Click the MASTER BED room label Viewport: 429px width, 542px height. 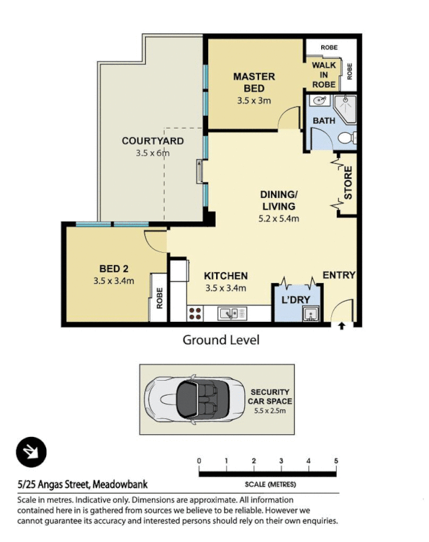click(253, 83)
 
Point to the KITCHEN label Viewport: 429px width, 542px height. click(226, 276)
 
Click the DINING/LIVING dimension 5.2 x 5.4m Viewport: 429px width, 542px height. click(279, 219)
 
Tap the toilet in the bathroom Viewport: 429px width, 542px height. click(346, 138)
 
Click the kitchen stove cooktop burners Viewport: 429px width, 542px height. click(195, 313)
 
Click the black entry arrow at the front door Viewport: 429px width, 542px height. click(341, 327)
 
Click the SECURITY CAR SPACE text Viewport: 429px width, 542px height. click(270, 396)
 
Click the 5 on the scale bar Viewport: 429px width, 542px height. click(336, 461)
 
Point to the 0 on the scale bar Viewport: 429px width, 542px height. click(199, 461)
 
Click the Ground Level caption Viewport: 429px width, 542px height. click(221, 340)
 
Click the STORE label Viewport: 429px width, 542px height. click(348, 183)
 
